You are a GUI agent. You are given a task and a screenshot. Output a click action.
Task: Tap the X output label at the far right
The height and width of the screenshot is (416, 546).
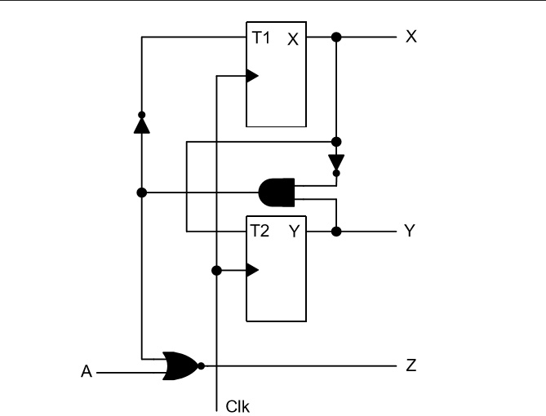[411, 38]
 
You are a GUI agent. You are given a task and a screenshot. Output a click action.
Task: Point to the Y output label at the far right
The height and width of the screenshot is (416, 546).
[411, 232]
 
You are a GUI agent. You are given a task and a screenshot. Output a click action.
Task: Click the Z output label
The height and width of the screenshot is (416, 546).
[411, 366]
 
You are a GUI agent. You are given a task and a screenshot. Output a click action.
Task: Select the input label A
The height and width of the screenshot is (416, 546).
[86, 373]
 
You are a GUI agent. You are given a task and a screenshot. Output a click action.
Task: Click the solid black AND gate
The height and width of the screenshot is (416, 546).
[275, 193]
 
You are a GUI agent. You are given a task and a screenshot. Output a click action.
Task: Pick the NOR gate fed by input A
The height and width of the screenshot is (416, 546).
[180, 365]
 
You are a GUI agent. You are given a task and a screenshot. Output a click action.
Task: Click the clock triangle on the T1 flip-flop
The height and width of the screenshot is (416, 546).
[252, 77]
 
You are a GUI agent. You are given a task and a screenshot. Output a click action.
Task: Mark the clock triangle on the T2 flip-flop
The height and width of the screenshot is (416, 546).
[252, 270]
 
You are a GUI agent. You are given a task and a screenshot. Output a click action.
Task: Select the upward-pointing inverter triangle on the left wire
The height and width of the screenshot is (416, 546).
[141, 125]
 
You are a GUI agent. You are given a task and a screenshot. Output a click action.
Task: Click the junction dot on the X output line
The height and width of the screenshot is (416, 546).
[336, 38]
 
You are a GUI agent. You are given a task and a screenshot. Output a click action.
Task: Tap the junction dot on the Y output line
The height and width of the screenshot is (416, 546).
[336, 232]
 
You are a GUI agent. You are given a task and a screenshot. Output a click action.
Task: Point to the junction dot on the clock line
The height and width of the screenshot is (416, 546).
[216, 270]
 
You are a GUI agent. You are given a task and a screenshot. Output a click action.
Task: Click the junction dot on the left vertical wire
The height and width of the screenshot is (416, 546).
[141, 193]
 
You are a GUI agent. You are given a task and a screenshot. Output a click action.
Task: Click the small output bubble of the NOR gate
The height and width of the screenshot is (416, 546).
[201, 365]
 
